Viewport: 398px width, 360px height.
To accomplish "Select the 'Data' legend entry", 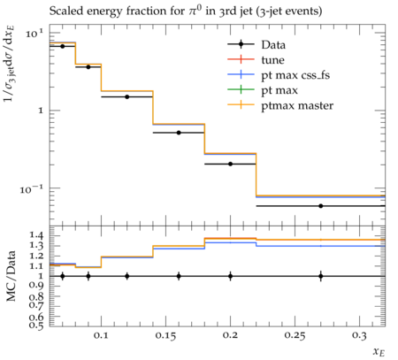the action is pos(256,45).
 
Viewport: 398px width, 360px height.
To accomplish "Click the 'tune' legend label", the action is pos(272,60).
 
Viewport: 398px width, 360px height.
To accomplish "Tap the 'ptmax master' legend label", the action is pos(297,105).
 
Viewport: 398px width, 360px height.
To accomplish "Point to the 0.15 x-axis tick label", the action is pos(165,336).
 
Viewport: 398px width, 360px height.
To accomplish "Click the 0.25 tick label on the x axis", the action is pos(295,336).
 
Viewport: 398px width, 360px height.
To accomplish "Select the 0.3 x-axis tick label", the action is pos(359,336).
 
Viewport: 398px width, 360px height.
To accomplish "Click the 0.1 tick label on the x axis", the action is pos(101,336).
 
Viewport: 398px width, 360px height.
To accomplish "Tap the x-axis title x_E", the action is pos(379,352).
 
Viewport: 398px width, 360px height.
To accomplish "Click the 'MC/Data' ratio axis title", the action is pos(11,276).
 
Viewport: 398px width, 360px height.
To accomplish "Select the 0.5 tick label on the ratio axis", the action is pos(36,326).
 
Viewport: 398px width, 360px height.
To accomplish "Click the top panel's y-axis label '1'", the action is pos(41,111).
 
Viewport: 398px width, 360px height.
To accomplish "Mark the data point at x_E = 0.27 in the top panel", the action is pos(321,206).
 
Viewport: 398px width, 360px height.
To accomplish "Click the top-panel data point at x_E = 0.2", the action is pos(230,164).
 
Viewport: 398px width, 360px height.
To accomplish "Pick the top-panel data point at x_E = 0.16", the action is pos(179,133).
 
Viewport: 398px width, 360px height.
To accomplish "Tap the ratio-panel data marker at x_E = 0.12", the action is pos(127,276).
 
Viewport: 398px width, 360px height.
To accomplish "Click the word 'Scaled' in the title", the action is pos(64,11).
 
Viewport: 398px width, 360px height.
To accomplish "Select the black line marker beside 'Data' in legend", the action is pos(241,44).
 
